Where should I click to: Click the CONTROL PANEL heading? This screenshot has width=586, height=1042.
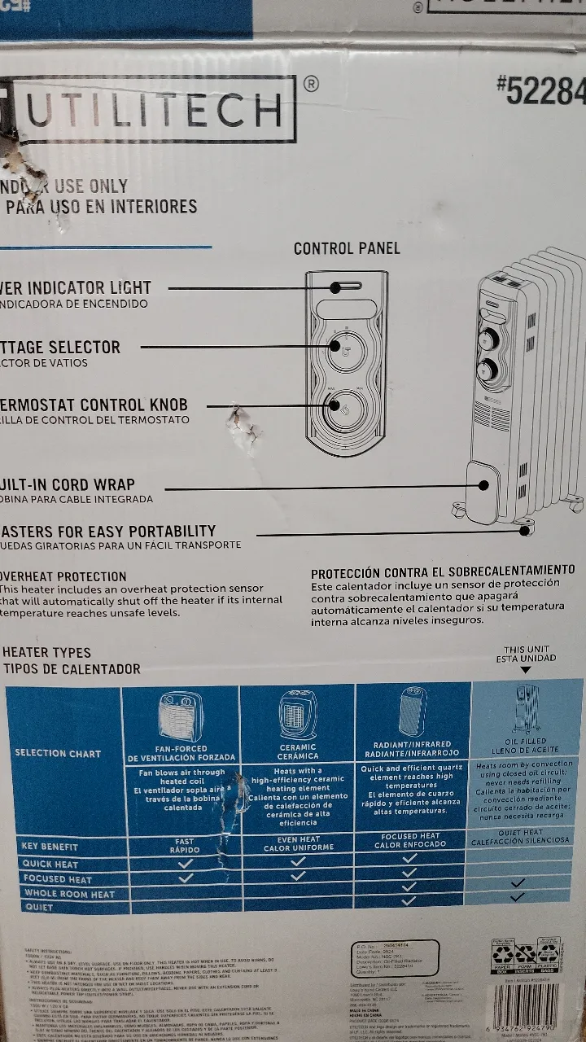pos(347,248)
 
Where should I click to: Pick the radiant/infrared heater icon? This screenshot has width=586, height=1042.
pos(413,710)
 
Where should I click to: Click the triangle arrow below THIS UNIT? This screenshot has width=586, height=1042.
pos(525,669)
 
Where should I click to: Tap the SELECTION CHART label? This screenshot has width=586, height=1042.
pos(58,753)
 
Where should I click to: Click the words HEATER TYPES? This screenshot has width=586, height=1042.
pos(47,652)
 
